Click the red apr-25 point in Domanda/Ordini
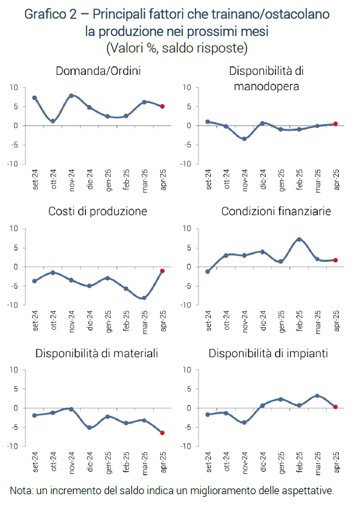pyautogui.click(x=162, y=106)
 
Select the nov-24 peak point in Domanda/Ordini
pyautogui.click(x=71, y=96)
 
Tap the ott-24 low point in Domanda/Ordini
pyautogui.click(x=53, y=121)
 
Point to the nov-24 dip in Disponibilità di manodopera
pyautogui.click(x=244, y=139)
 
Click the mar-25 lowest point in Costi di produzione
pyautogui.click(x=144, y=298)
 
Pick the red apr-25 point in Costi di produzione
pyautogui.click(x=162, y=271)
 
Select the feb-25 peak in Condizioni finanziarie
pyautogui.click(x=299, y=239)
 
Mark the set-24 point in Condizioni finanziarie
pyautogui.click(x=208, y=271)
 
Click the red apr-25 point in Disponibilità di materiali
pyautogui.click(x=162, y=433)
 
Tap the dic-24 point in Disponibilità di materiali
pyautogui.click(x=90, y=428)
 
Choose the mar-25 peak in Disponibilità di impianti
pyautogui.click(x=317, y=396)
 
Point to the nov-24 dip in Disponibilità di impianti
pyautogui.click(x=244, y=422)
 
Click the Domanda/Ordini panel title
pyautogui.click(x=99, y=71)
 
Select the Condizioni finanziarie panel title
pyautogui.click(x=276, y=211)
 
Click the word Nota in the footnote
pyautogui.click(x=21, y=490)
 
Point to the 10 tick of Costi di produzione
pyautogui.click(x=14, y=229)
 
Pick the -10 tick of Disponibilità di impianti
pyautogui.click(x=186, y=446)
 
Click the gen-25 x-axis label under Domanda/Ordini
pyautogui.click(x=108, y=180)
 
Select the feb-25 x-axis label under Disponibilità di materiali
pyautogui.click(x=126, y=462)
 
